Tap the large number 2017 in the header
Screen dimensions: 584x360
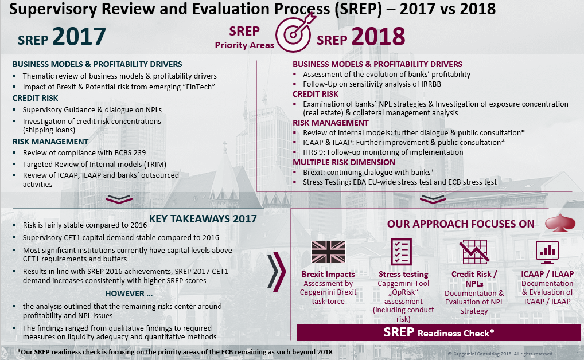tap(79, 37)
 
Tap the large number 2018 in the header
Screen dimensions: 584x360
tap(378, 37)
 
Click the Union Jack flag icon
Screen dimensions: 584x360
tap(328, 252)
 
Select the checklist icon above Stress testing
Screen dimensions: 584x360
tap(401, 252)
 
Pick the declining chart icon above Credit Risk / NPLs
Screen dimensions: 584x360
tap(474, 252)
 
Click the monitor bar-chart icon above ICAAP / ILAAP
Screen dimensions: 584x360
tap(547, 251)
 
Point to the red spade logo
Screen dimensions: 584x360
tap(560, 222)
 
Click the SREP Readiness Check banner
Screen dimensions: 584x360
tap(439, 332)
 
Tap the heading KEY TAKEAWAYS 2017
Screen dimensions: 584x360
tap(203, 218)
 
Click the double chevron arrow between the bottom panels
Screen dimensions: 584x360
tap(277, 271)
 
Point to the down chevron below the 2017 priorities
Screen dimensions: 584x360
tap(119, 199)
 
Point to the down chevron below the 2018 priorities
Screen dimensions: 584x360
tap(433, 199)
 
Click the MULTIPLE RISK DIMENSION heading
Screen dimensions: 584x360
tap(344, 162)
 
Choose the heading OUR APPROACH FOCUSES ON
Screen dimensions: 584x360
tap(461, 224)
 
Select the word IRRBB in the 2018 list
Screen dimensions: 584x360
tap(431, 84)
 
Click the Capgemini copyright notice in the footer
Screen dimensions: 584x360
tap(500, 354)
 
